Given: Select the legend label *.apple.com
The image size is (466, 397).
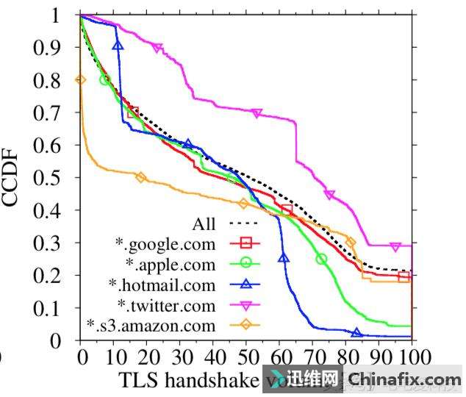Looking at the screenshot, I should click(x=171, y=264).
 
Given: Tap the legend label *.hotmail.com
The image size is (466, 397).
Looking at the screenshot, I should click(x=162, y=285).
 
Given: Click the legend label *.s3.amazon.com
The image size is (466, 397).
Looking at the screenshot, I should click(x=151, y=324).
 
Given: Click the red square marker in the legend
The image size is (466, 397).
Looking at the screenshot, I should click(x=245, y=243).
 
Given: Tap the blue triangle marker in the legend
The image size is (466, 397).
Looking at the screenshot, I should click(x=245, y=284).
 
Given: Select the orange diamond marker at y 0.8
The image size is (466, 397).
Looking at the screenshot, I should click(x=81, y=79).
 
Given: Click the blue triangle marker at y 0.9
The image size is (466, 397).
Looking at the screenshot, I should click(x=118, y=46).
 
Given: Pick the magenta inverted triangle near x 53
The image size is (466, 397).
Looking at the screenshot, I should click(x=257, y=113).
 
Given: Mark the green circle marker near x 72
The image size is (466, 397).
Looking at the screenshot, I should click(x=321, y=259).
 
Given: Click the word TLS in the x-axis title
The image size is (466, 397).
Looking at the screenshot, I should click(x=139, y=380).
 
